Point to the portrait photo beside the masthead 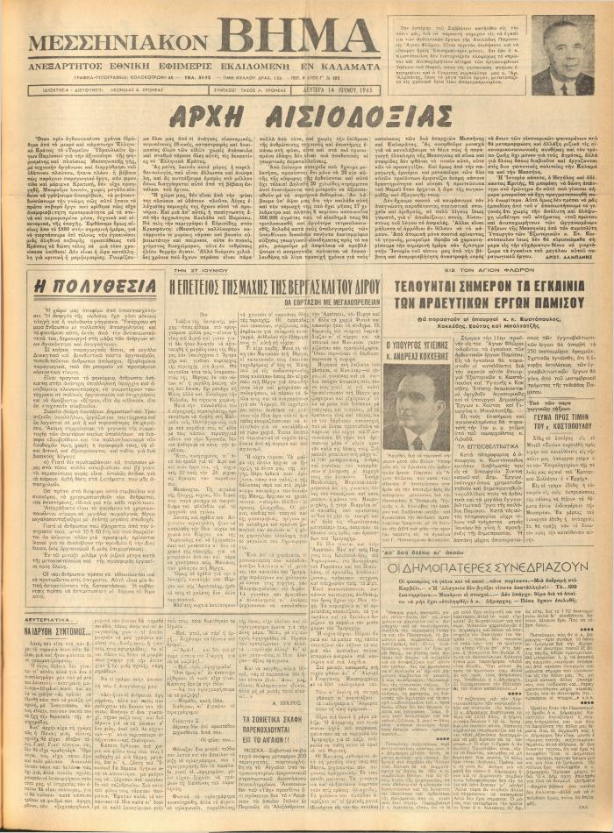tap(561, 54)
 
